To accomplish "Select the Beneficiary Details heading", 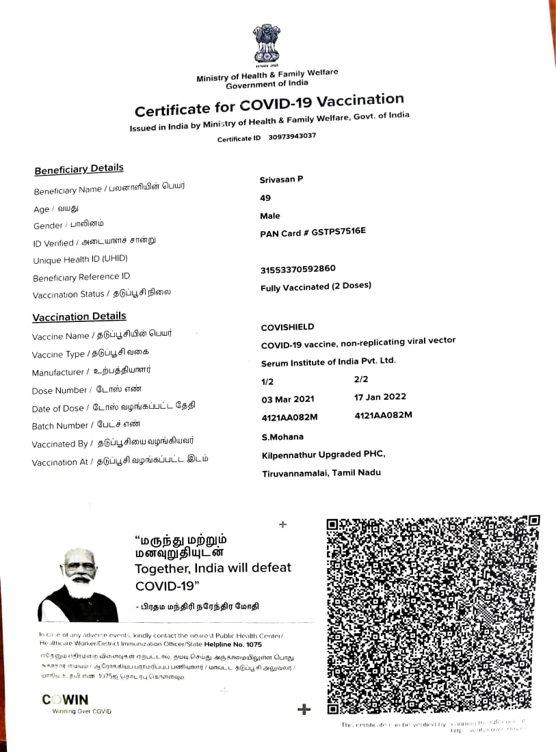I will pos(79,169).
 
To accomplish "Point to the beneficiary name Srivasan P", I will pos(281,179).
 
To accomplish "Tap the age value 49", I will pos(265,198).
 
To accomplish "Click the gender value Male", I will pos(270,216).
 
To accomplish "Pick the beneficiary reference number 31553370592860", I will pos(297,269).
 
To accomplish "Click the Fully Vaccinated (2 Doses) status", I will pos(315,287).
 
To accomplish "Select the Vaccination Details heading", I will pos(79,317).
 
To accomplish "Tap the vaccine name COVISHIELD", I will pos(287,327).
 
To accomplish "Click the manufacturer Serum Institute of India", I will pos(328,362).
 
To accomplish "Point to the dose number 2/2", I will pos(361,379).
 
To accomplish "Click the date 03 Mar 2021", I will pos(288,398).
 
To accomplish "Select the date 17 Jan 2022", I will pos(380,397).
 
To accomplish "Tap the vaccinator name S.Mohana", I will pos(282,437).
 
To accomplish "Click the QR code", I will pos(433,615).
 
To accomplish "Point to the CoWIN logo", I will pos(66,699).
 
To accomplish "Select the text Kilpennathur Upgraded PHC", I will pos(323,455).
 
